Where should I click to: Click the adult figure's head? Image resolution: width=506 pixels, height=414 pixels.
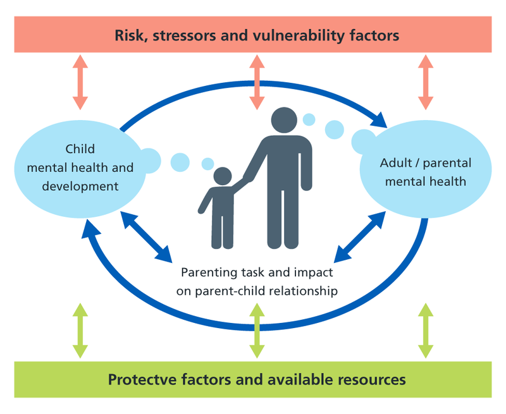[283, 121]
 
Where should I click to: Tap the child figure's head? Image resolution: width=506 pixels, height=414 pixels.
[222, 176]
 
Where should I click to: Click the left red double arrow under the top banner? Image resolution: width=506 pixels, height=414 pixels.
[80, 82]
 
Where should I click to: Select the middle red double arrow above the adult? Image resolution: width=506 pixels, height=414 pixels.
[256, 82]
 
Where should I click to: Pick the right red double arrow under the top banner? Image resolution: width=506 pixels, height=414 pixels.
[426, 82]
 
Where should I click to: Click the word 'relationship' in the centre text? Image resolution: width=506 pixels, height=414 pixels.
[304, 291]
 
